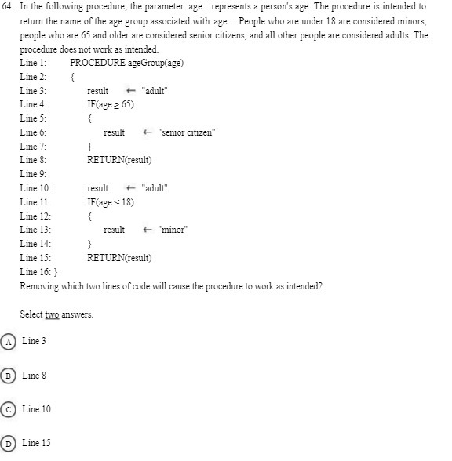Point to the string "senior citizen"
click(x=186, y=132)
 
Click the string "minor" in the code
click(x=173, y=230)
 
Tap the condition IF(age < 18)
click(x=111, y=201)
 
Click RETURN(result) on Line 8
click(x=119, y=160)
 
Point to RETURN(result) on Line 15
click(x=119, y=257)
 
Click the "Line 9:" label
click(x=34, y=174)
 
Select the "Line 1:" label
click(x=34, y=63)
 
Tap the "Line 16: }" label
click(x=38, y=271)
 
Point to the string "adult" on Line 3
click(x=154, y=91)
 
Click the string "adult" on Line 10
click(x=154, y=188)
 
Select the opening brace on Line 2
click(x=72, y=77)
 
